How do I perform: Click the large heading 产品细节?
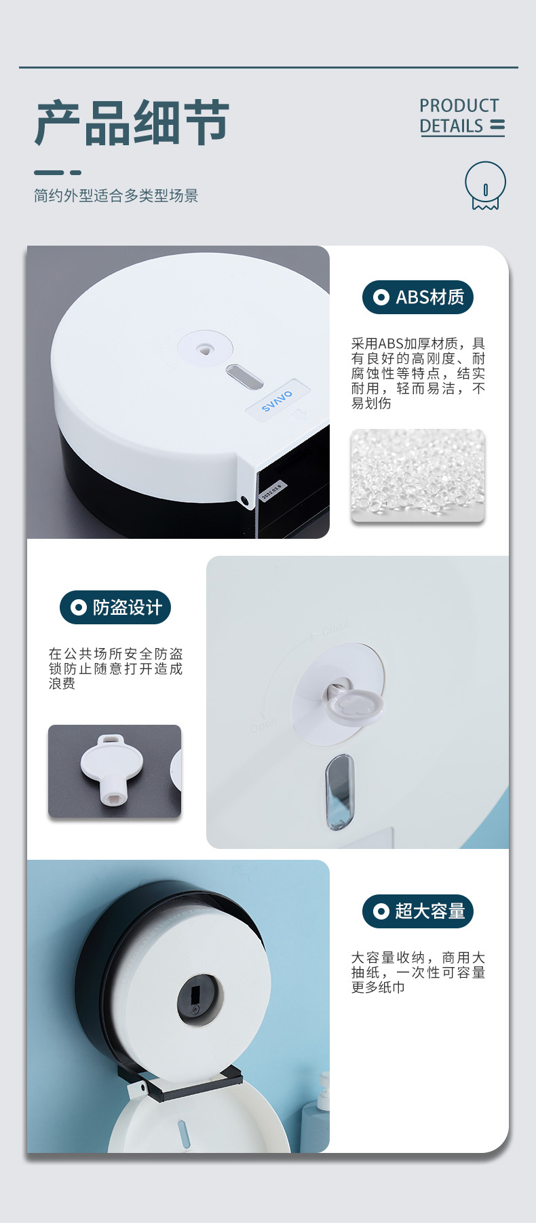(x=132, y=123)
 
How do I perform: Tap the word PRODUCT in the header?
(x=459, y=106)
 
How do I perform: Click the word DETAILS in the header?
(x=451, y=126)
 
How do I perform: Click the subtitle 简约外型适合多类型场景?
(x=116, y=195)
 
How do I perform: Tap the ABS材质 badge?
(x=418, y=297)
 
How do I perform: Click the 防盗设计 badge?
(x=115, y=607)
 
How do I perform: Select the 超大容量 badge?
(x=418, y=911)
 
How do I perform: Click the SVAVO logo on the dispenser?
(x=277, y=400)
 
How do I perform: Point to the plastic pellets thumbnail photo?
(x=418, y=475)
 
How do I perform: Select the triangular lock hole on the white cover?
(x=204, y=349)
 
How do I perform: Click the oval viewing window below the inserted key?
(x=339, y=792)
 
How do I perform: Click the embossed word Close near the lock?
(x=335, y=629)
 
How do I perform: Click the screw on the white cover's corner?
(x=244, y=501)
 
